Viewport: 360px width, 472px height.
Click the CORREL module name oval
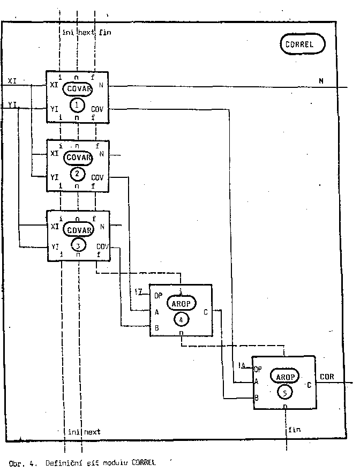(303, 44)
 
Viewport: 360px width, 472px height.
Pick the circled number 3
(78, 245)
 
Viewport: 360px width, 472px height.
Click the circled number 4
(181, 319)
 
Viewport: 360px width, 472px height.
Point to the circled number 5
(285, 393)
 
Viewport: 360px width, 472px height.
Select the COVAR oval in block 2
(78, 158)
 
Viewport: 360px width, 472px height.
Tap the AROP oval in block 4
(181, 303)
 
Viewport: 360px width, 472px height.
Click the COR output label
(327, 377)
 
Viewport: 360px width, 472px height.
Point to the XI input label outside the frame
(12, 80)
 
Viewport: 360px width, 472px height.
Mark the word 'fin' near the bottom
(295, 430)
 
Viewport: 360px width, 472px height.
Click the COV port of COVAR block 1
(98, 109)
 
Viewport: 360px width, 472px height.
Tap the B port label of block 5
(258, 398)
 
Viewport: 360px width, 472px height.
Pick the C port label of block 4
(206, 311)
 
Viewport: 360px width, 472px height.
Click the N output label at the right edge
(321, 81)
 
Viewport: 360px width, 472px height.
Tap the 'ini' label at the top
(67, 33)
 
